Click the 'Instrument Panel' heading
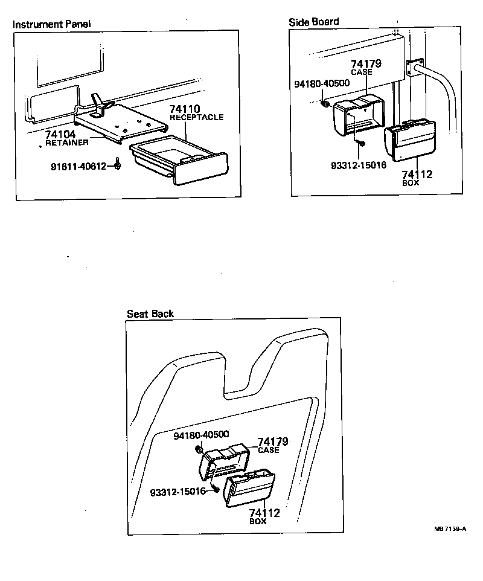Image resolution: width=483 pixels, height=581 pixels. pyautogui.click(x=52, y=25)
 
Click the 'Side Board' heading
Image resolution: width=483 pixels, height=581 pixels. pyautogui.click(x=314, y=22)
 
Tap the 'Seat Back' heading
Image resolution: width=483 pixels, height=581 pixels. pyautogui.click(x=150, y=313)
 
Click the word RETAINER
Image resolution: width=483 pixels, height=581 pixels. pyautogui.click(x=66, y=143)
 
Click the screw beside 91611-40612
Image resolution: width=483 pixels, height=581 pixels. pyautogui.click(x=118, y=165)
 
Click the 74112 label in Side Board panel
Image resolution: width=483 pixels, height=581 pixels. pyautogui.click(x=417, y=175)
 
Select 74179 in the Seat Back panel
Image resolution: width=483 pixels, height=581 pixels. pyautogui.click(x=273, y=442)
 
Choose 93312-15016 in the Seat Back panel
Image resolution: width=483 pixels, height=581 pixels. pyautogui.click(x=178, y=491)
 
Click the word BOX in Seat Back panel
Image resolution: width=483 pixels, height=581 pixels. pyautogui.click(x=258, y=521)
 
